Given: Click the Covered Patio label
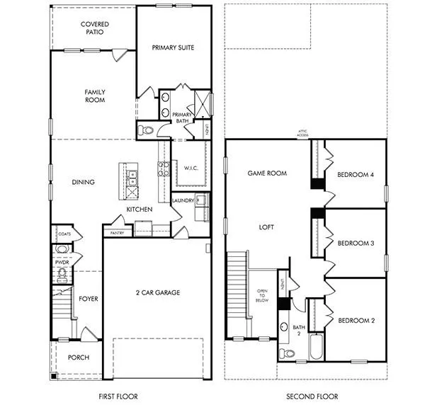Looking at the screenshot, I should click(94, 28).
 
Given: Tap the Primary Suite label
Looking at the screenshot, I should click(173, 47).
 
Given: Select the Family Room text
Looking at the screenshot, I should click(94, 96).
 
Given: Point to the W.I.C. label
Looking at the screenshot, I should click(189, 168).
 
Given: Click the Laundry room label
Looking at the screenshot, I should click(183, 200).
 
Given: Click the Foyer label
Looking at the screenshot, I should click(89, 299).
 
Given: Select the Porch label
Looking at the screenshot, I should click(78, 357).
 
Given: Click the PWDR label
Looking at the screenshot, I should click(61, 262).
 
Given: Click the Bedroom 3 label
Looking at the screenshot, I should click(355, 243).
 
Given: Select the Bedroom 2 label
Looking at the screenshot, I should click(355, 320).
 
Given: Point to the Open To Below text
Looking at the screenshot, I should click(263, 295).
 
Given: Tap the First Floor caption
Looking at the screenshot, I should click(118, 396).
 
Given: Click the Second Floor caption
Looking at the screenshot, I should click(312, 396).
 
